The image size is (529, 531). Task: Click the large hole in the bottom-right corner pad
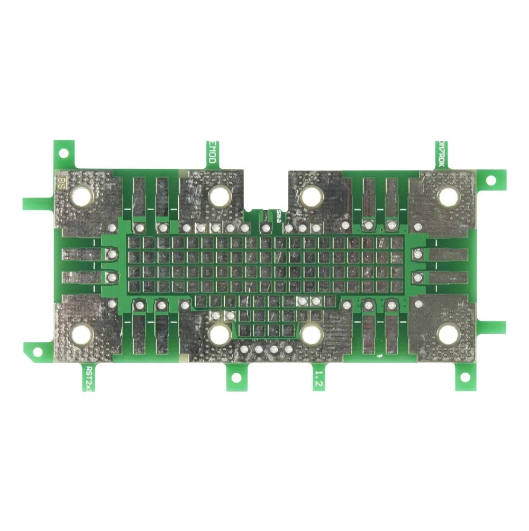[x=448, y=334]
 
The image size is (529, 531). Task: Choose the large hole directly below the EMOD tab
[x=218, y=196]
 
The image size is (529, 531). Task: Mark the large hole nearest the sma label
[x=311, y=196]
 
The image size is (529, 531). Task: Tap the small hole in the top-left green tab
[x=63, y=153]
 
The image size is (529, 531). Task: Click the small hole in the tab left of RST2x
[x=37, y=351]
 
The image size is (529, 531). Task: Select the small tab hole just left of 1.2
[x=236, y=378]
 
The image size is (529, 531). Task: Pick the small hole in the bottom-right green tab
[x=465, y=377]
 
